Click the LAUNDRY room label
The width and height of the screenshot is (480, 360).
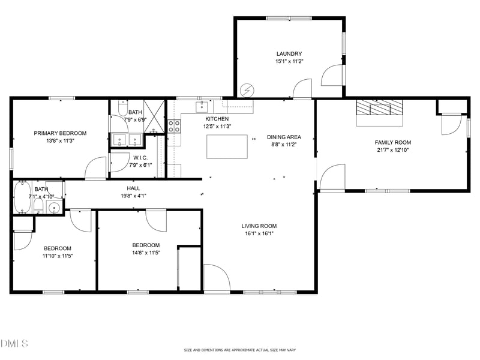tap(289, 53)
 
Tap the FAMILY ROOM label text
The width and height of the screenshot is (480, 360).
tap(393, 142)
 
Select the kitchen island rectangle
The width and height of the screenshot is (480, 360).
tap(227, 146)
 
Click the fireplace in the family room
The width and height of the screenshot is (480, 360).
tap(380, 112)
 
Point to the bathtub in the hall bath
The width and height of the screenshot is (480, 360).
tap(22, 197)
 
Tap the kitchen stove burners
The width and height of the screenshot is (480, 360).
tap(174, 126)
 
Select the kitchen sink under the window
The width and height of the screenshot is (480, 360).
tap(202, 107)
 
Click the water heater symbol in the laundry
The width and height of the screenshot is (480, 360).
tap(247, 91)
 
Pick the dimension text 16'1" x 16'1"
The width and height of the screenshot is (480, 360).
tap(259, 234)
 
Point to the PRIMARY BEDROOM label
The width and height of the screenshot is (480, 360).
tap(60, 133)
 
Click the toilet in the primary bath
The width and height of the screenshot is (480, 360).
tap(122, 109)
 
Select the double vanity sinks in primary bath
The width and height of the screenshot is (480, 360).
tap(127, 140)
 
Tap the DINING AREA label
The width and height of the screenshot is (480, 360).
tap(284, 137)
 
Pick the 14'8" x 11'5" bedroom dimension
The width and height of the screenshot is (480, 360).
tap(146, 253)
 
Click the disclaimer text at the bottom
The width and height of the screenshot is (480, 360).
tap(239, 350)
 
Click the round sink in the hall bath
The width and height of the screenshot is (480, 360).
tap(54, 208)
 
